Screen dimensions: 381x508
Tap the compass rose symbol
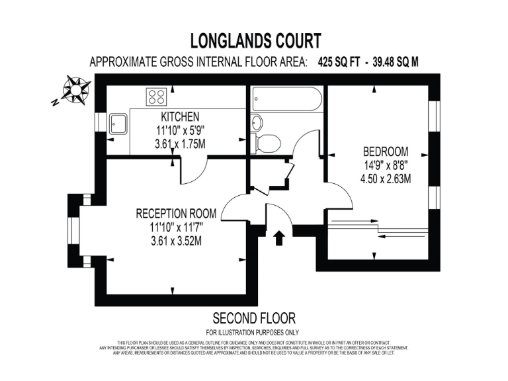click(77, 89)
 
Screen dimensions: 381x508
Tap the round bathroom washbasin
click(257, 122)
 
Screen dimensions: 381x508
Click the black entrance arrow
click(278, 237)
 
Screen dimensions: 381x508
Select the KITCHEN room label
click(175, 117)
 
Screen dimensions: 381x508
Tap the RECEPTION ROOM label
click(176, 214)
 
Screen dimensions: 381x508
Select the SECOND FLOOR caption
click(253, 318)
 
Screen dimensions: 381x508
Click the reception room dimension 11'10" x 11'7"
click(176, 228)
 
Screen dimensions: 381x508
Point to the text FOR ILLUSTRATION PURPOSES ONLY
click(253, 332)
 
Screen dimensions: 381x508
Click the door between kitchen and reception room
click(189, 171)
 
